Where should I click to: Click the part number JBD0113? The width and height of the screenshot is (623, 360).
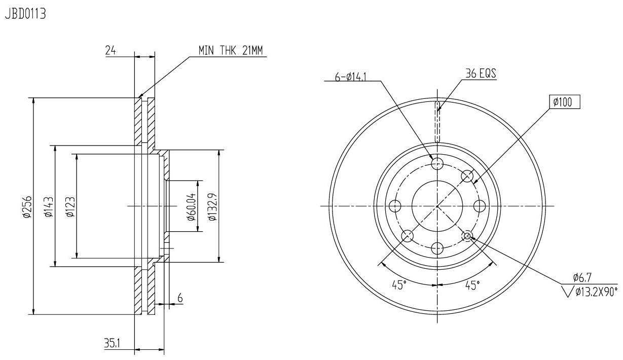pyautogui.click(x=25, y=14)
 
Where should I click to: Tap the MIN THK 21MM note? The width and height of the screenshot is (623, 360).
pyautogui.click(x=230, y=50)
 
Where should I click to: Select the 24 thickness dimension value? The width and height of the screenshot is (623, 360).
pyautogui.click(x=111, y=50)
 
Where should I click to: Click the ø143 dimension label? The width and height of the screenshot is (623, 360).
pyautogui.click(x=49, y=207)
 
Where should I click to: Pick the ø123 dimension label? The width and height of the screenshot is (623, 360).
pyautogui.click(x=70, y=207)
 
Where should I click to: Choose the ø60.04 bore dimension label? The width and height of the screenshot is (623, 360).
pyautogui.click(x=192, y=206)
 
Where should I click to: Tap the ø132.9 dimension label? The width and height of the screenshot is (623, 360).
pyautogui.click(x=213, y=206)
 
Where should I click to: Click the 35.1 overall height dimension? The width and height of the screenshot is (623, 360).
pyautogui.click(x=112, y=343)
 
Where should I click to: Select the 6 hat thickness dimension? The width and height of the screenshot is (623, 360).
pyautogui.click(x=180, y=298)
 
